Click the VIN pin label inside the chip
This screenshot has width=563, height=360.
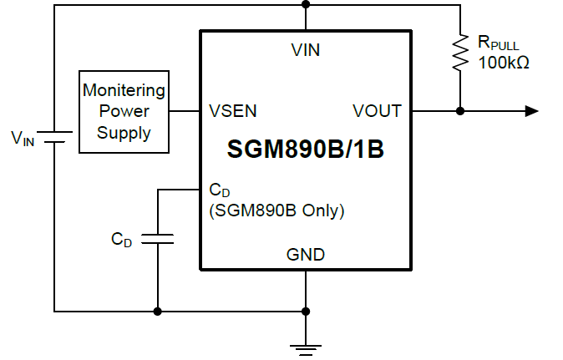coord(305,50)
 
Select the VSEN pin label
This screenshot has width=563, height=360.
coord(233,111)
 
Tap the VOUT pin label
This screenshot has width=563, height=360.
coord(377,111)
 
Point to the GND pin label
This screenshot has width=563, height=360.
coord(306,255)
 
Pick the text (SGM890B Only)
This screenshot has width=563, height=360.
coord(276,210)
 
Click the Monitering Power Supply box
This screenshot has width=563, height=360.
coord(124,111)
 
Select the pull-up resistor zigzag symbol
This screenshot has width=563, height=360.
coord(459,52)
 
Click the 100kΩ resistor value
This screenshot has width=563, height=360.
coord(504,63)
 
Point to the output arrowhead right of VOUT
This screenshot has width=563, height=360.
coord(531,111)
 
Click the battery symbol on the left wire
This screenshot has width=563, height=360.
coord(54,136)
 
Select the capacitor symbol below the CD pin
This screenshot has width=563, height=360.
coord(158,240)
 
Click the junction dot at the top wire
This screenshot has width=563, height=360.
coord(306,4)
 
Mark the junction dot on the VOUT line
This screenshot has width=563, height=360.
coord(459,111)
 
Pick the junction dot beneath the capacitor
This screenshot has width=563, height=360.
coord(158,312)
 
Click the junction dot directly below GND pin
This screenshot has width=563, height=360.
coord(306,312)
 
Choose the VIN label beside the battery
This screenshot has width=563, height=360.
coord(23,139)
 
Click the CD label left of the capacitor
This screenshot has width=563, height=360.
coord(122,240)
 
